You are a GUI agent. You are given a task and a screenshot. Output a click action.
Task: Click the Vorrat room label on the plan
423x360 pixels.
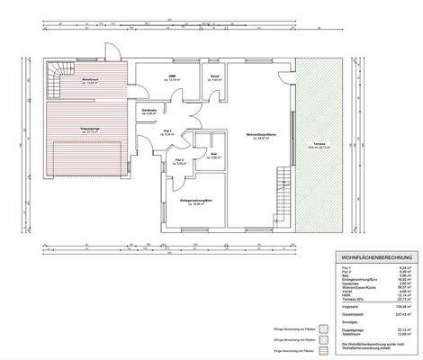pos(216,77)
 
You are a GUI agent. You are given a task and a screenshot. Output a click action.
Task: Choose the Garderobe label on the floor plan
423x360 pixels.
pos(149,112)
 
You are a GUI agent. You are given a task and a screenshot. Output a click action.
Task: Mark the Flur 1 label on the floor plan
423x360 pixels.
pos(168,131)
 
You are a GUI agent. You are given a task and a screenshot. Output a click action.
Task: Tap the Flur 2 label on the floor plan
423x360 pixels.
pos(180,161)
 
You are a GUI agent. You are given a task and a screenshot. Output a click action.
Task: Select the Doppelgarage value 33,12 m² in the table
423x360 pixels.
pos(404,328)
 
